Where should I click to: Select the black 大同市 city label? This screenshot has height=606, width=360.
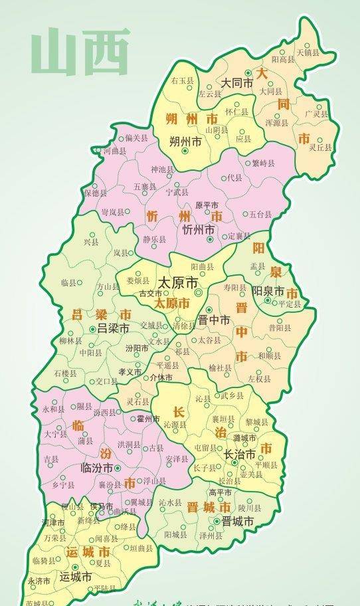click(x=237, y=84)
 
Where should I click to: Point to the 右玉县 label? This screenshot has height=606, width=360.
click(x=182, y=80)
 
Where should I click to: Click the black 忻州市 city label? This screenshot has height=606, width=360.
click(x=198, y=229)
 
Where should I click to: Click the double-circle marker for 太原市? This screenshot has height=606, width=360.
click(x=197, y=292)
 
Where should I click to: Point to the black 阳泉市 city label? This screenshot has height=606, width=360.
click(x=268, y=291)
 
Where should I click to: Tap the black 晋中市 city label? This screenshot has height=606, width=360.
click(x=214, y=320)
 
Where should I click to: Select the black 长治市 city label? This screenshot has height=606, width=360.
click(x=239, y=455)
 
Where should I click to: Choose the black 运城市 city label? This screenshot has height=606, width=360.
click(x=74, y=577)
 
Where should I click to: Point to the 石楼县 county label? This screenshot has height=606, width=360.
click(x=64, y=374)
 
